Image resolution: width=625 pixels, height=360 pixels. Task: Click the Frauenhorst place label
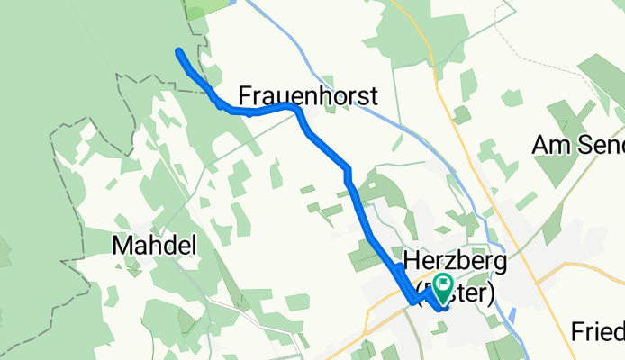click(307, 95)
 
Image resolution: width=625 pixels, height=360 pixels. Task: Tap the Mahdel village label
click(154, 245)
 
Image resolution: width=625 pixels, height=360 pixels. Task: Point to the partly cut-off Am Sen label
click(577, 144)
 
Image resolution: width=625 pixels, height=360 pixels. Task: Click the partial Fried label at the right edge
click(597, 332)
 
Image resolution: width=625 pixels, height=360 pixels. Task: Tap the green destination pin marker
click(443, 287)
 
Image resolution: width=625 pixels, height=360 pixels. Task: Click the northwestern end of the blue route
click(179, 51)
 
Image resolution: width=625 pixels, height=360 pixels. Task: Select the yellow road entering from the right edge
click(594, 267)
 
